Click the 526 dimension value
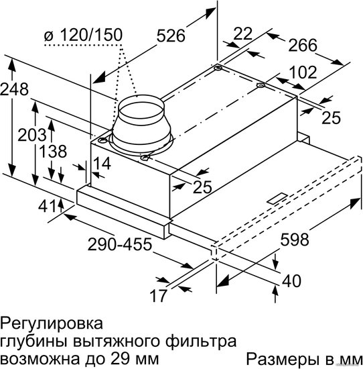pyautogui.click(x=171, y=36)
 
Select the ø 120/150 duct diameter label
pyautogui.click(x=84, y=35)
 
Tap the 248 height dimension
pyautogui.click(x=14, y=89)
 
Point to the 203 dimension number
pyautogui.click(x=32, y=135)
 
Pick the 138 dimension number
pyautogui.click(x=53, y=152)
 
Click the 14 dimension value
pyautogui.click(x=102, y=164)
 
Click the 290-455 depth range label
pyautogui.click(x=120, y=244)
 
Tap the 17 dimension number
pyautogui.click(x=159, y=296)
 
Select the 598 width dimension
pyautogui.click(x=295, y=240)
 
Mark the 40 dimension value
pyautogui.click(x=291, y=280)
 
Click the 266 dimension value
pyautogui.click(x=303, y=45)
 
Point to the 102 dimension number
pyautogui.click(x=303, y=72)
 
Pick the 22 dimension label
pyautogui.click(x=243, y=34)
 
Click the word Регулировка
pyautogui.click(x=52, y=324)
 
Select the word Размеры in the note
pyautogui.click(x=282, y=360)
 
